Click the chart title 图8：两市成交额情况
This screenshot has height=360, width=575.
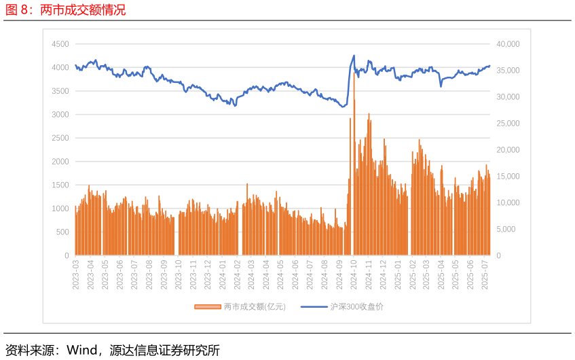point(65,10)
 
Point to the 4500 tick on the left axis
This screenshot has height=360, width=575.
point(60,44)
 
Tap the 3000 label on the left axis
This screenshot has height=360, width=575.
point(60,115)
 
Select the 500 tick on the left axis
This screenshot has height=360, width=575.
point(62,232)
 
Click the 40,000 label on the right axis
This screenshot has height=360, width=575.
point(508,44)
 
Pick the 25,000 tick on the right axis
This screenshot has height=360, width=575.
point(508,124)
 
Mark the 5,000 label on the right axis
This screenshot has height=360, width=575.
point(506,230)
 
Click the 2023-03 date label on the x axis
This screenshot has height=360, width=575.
point(76,274)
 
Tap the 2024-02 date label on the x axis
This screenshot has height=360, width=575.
point(238,274)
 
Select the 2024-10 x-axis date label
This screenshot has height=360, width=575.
point(354,274)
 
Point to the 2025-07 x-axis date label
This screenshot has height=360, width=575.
point(485,274)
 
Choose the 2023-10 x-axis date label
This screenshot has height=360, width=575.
point(179,274)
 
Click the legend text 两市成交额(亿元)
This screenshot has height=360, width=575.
point(255,307)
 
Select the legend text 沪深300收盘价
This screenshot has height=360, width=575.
point(357,307)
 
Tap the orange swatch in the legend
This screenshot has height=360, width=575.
point(208,307)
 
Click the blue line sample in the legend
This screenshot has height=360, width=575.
point(314,307)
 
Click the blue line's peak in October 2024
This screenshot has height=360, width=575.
point(354,56)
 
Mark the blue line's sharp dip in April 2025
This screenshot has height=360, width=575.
point(441,86)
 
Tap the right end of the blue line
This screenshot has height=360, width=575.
point(489,66)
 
